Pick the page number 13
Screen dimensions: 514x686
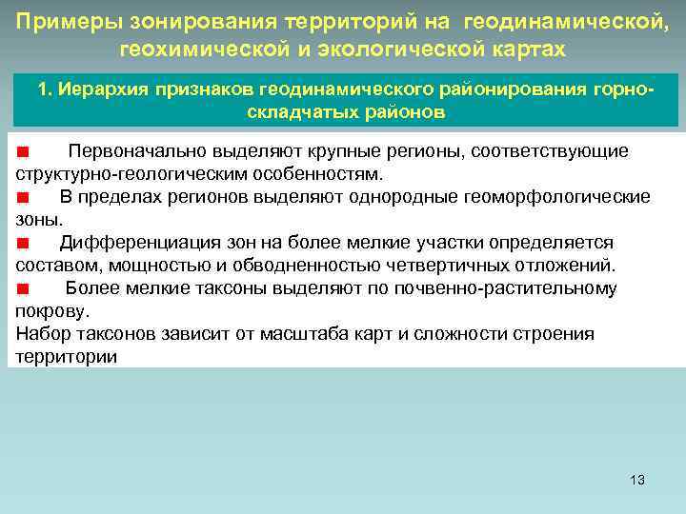click(x=637, y=480)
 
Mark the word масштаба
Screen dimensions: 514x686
click(x=330, y=334)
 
